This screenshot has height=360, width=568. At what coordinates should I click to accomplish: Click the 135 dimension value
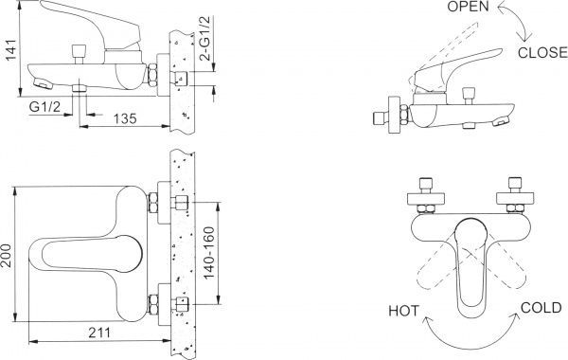[x=125, y=118]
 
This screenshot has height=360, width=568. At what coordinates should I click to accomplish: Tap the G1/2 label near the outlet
[x=44, y=107]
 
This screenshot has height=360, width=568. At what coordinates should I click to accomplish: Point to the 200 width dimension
[x=7, y=256]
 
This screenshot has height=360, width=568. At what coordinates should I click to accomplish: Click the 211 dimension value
[x=99, y=333]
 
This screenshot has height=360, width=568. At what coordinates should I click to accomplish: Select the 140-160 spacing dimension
[x=209, y=253]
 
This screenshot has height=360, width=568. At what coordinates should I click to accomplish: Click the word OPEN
[x=468, y=7]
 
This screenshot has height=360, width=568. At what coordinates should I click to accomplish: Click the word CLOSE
[x=542, y=53]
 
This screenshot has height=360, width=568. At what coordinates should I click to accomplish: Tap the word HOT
[x=404, y=311]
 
